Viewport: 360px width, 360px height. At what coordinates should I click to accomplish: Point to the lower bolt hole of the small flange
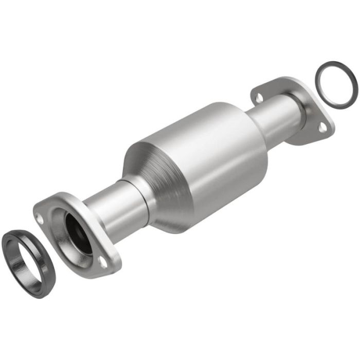click(x=322, y=127)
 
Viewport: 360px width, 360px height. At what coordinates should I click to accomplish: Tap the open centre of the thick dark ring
click(x=25, y=253)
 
